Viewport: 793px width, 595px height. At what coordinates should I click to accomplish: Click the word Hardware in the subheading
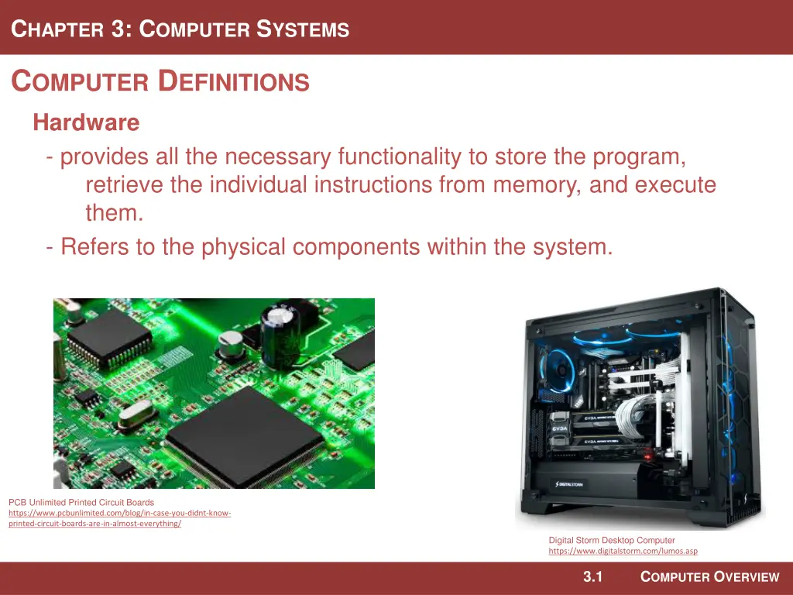[86, 122]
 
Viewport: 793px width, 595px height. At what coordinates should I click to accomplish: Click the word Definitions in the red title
[233, 81]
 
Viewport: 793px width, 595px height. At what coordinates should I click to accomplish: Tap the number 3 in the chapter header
[118, 29]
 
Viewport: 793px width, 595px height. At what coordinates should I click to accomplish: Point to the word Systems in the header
[303, 29]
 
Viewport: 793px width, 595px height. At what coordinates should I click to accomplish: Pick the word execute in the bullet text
[675, 184]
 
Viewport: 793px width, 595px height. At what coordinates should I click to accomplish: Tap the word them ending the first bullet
[115, 212]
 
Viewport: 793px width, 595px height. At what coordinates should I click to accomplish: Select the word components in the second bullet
[356, 247]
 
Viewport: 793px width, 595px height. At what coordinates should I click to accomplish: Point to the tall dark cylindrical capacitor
[280, 335]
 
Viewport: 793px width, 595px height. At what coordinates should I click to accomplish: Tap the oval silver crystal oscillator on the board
[136, 414]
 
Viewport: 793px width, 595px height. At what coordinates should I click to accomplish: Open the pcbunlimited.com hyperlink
[119, 518]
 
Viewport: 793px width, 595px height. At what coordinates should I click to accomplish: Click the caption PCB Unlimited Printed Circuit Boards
[81, 502]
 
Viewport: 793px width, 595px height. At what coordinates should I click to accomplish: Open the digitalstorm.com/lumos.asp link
[623, 551]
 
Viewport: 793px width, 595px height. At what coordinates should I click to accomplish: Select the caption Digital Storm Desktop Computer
[612, 540]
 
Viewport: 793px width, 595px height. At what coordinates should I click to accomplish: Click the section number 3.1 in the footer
[592, 576]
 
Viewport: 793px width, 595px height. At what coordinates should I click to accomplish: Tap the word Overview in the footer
[747, 576]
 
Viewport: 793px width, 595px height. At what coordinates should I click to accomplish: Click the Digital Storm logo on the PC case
[569, 484]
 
